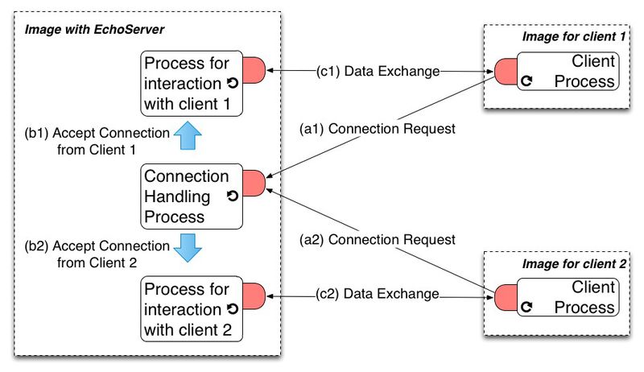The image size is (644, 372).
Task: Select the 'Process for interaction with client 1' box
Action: coord(190,83)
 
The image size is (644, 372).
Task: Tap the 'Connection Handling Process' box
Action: coord(190,196)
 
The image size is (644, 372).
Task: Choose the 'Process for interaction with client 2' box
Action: coord(190,308)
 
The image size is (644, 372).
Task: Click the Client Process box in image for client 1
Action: coord(568,71)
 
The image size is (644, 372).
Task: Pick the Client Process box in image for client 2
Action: coord(568,297)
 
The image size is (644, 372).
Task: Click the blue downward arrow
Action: coord(188,248)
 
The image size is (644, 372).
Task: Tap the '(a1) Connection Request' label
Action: coord(377,128)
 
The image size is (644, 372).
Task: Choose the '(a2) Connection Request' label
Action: coord(377,239)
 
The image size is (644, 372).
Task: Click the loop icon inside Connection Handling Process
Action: coord(232,196)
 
